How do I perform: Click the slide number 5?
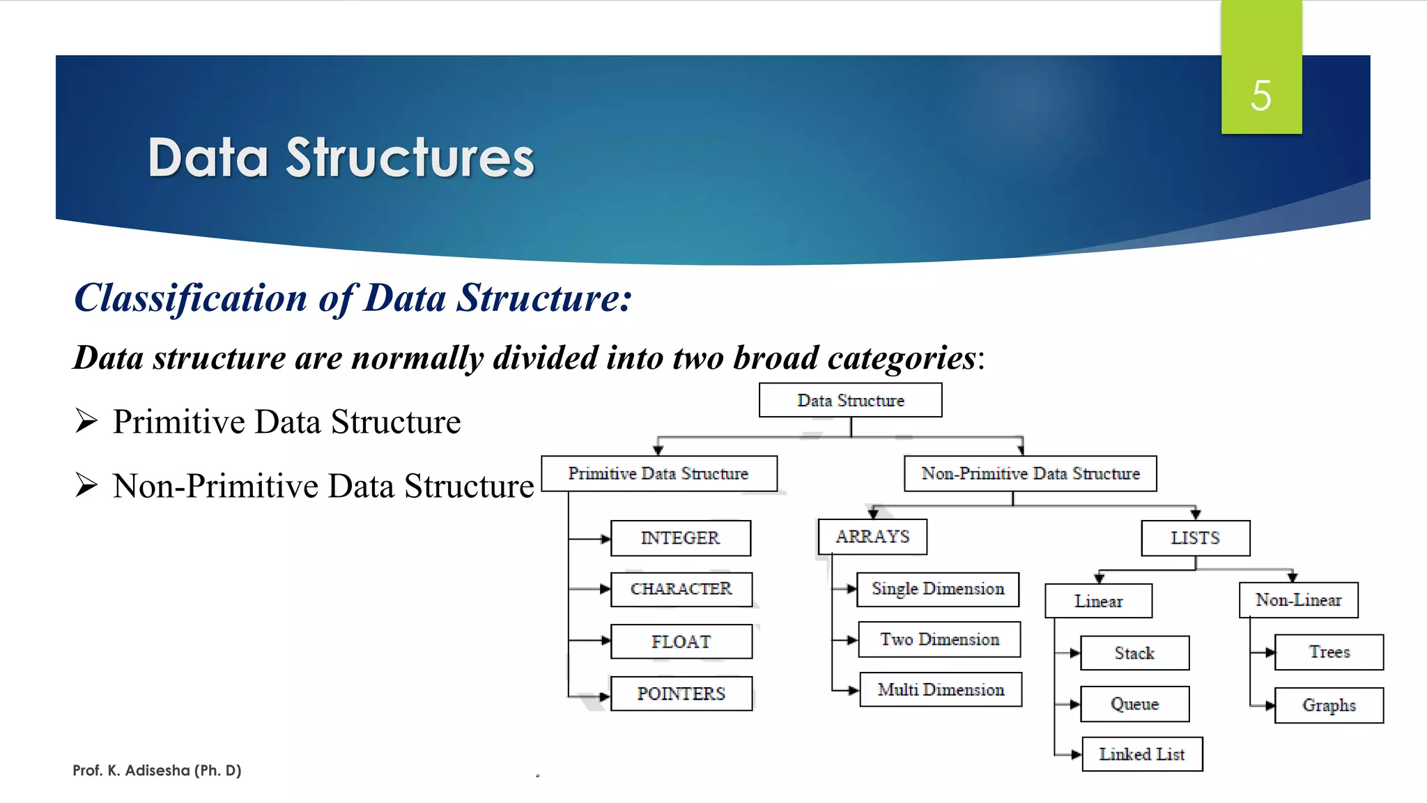[x=1260, y=95]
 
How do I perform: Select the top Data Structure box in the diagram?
[x=850, y=400]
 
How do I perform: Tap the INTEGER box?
[x=680, y=538]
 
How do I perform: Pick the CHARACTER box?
[x=681, y=589]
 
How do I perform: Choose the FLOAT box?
[x=681, y=641]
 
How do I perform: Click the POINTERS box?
[x=681, y=694]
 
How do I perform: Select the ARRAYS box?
[x=872, y=537]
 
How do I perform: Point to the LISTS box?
[x=1195, y=538]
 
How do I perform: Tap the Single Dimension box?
[x=937, y=589]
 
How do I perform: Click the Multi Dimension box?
[x=940, y=689]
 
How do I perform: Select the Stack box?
[x=1134, y=653]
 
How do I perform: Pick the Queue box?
[x=1134, y=704]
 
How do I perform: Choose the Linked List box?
[x=1141, y=754]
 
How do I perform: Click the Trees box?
[x=1329, y=652]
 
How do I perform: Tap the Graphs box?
[x=1329, y=705]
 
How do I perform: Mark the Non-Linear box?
[x=1298, y=600]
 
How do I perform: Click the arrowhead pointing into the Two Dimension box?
[x=852, y=640]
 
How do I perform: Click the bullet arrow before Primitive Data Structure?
[x=86, y=421]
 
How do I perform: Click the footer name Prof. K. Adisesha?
[x=157, y=770]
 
